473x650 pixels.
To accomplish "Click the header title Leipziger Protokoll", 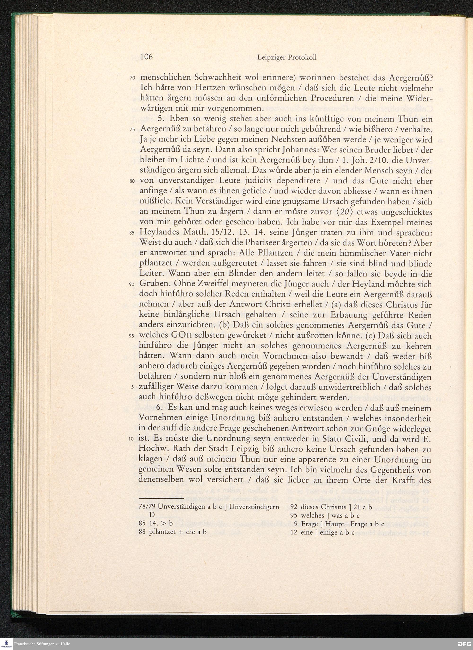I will click(x=287, y=57).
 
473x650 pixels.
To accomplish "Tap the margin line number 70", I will click(x=132, y=78).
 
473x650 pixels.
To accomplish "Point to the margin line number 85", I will click(x=132, y=233).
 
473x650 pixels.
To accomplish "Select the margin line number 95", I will click(x=132, y=336).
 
